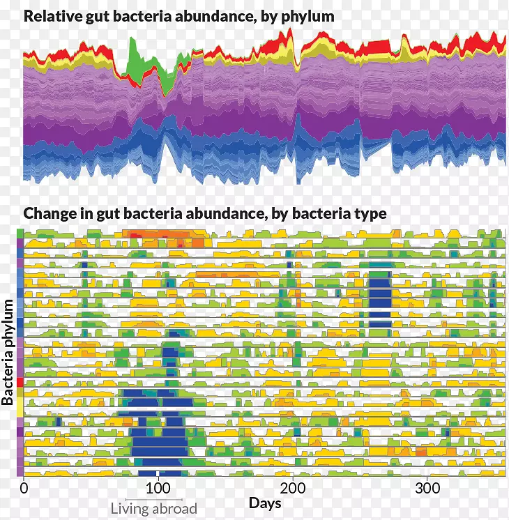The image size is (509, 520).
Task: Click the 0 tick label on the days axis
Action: point(24,487)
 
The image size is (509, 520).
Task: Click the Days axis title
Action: point(265,503)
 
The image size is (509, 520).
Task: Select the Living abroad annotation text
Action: point(154,509)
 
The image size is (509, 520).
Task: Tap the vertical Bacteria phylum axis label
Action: point(8,352)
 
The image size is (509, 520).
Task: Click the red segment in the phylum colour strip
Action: point(20,383)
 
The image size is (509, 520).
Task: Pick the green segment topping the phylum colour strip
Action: point(20,233)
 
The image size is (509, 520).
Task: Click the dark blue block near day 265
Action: point(380,300)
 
